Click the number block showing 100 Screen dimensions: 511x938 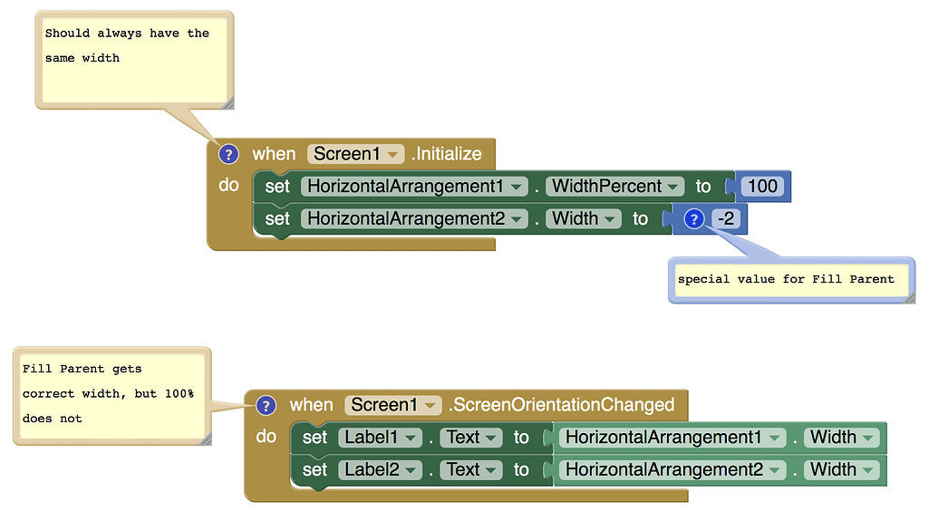pyautogui.click(x=763, y=187)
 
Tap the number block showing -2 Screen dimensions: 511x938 pyautogui.click(x=726, y=219)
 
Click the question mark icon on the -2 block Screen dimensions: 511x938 pyautogui.click(x=694, y=219)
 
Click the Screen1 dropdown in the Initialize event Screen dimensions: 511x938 pyautogui.click(x=356, y=154)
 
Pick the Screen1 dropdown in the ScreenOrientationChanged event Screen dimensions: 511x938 pyautogui.click(x=393, y=405)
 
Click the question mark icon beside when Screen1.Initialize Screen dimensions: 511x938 pyautogui.click(x=228, y=154)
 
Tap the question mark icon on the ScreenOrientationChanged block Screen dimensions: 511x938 pyautogui.click(x=266, y=405)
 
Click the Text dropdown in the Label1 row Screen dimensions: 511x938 pyautogui.click(x=471, y=438)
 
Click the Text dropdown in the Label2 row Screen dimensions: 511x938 pyautogui.click(x=471, y=470)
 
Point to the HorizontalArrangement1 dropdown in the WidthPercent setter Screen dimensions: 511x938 pyautogui.click(x=415, y=187)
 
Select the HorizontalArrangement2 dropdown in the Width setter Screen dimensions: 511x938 pyautogui.click(x=415, y=219)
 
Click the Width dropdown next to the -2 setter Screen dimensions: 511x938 pyautogui.click(x=584, y=219)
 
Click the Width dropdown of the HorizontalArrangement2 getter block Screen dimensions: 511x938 pyautogui.click(x=842, y=470)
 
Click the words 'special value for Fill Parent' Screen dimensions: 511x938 pyautogui.click(x=786, y=279)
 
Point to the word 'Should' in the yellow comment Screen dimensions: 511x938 pyautogui.click(x=67, y=34)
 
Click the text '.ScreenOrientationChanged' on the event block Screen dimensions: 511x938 pyautogui.click(x=561, y=405)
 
